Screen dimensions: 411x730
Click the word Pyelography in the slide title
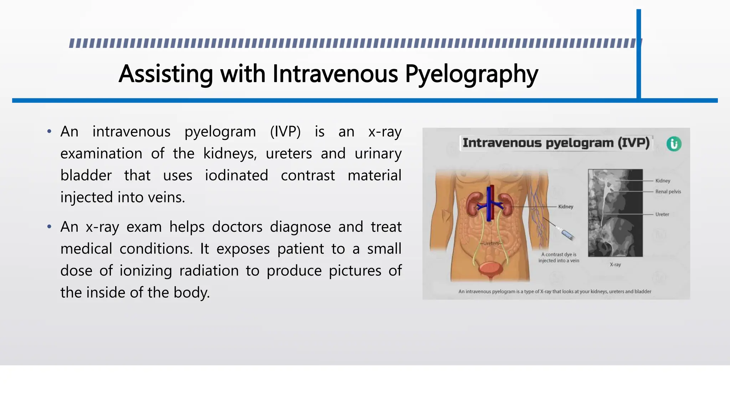point(471,74)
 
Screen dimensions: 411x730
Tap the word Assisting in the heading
point(166,74)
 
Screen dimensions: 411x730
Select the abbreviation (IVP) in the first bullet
point(285,132)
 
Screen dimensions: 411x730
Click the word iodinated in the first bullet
point(236,176)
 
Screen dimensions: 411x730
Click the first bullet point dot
point(49,132)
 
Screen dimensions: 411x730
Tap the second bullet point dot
point(49,227)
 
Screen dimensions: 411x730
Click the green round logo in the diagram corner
point(674,144)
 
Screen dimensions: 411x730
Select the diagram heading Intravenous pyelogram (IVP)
point(556,143)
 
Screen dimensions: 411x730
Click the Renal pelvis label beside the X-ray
point(668,192)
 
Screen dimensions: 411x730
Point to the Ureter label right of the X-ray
point(662,214)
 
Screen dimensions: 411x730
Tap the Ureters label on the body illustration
point(491,243)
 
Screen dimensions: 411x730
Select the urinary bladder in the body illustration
point(490,269)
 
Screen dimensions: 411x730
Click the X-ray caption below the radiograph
point(615,265)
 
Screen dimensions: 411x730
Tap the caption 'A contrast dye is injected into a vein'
point(559,258)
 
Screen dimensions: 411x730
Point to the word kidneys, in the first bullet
point(230,154)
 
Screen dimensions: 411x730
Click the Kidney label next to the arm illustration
point(566,207)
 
